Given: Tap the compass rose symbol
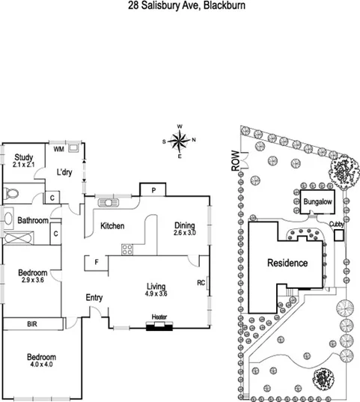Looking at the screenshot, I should point(180,141).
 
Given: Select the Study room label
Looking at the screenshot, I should point(24,156).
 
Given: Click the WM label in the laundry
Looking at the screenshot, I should point(58,147).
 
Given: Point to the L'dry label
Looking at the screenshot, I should point(65,173).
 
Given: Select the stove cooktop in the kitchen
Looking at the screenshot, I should point(127,249).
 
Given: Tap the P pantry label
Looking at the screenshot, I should point(153,191).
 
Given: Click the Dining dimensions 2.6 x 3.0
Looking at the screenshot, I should point(184,234).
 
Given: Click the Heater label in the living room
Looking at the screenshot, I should point(159,317).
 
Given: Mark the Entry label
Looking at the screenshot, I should point(94,298).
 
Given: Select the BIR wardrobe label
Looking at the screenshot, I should point(33,324).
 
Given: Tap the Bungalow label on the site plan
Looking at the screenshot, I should point(317,202).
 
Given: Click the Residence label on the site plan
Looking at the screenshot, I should point(287,263).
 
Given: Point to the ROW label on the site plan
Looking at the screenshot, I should point(236,162).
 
